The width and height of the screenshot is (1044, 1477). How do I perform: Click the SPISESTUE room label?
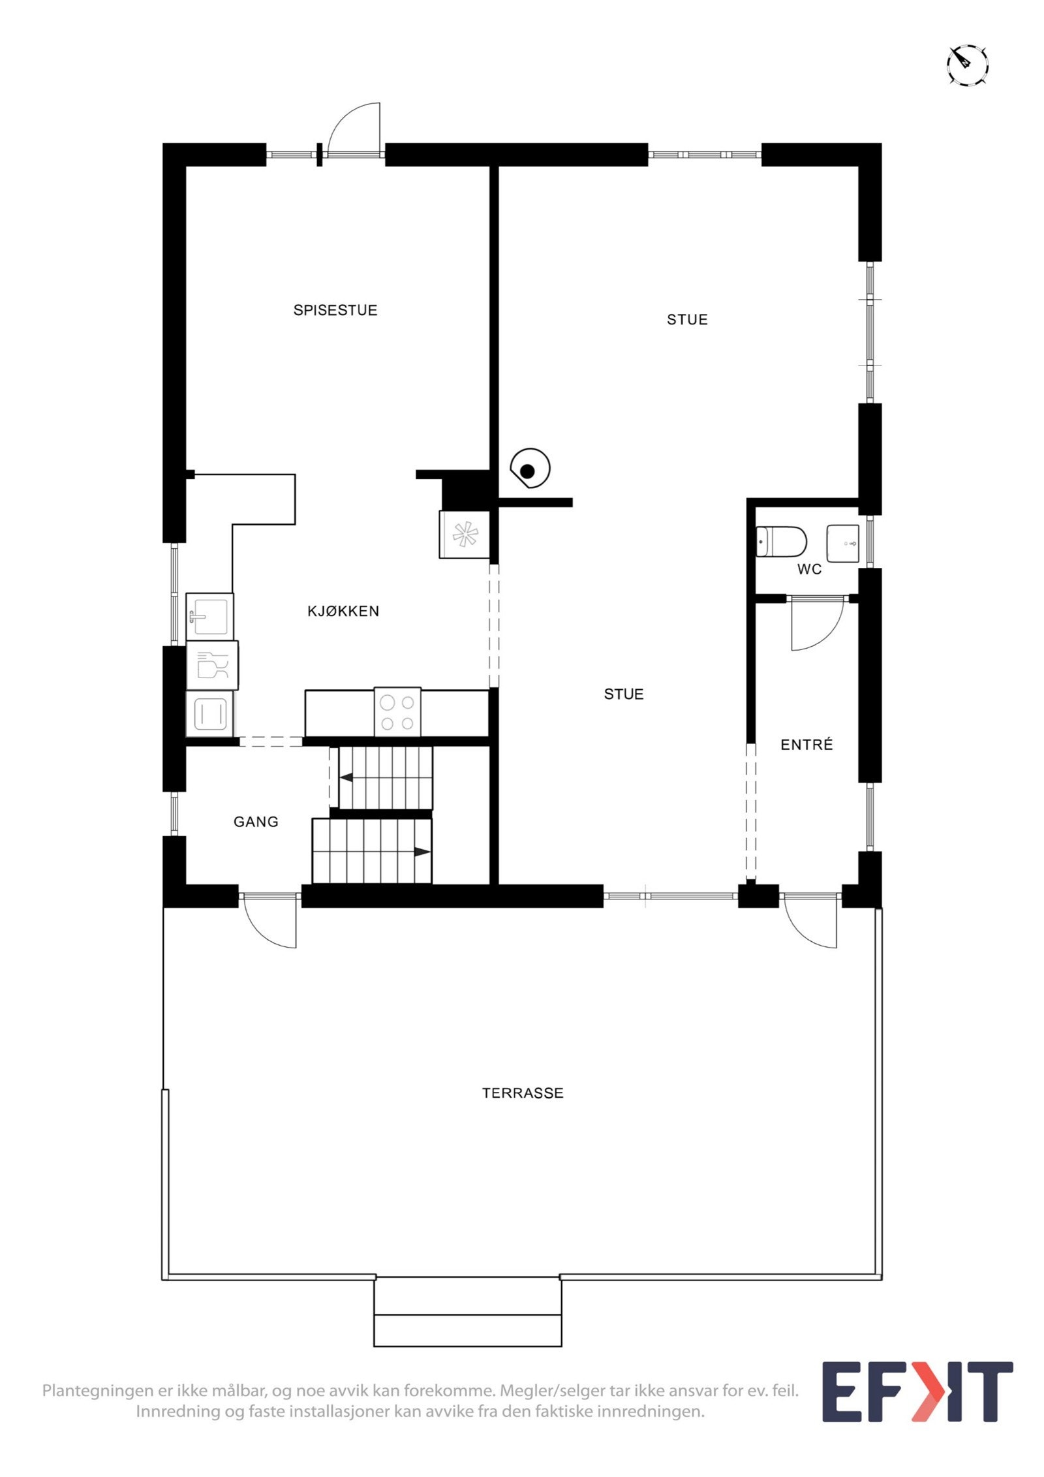pos(335,310)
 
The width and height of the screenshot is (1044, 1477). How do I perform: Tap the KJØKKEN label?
pos(343,611)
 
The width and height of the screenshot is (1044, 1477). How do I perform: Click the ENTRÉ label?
pos(806,745)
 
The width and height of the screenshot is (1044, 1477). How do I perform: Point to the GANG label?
pos(256,822)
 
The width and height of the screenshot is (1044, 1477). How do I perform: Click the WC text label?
pos(809,569)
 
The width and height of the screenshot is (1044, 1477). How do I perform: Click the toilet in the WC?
pos(781,542)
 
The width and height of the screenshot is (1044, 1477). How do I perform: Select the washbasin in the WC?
pos(843,543)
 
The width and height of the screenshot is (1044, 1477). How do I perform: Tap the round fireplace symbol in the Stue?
pos(529,469)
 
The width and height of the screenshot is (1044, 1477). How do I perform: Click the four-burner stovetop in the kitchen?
pos(397,713)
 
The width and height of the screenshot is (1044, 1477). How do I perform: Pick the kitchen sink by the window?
pos(209,616)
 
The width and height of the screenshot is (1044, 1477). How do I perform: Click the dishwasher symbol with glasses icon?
pos(212,665)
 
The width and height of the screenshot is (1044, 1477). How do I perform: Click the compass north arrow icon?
pos(967,65)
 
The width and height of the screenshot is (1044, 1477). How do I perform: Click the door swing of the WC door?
pos(816,627)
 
